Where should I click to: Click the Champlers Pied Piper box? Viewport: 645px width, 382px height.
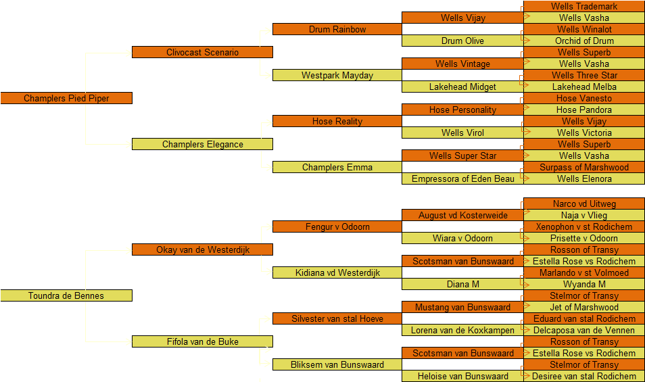pyautogui.click(x=66, y=98)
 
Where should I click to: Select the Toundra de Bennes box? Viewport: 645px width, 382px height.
pyautogui.click(x=66, y=295)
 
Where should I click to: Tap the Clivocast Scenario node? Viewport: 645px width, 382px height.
pyautogui.click(x=202, y=52)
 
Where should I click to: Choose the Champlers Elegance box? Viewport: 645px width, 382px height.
pyautogui.click(x=202, y=144)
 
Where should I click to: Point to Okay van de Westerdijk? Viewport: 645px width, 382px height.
pyautogui.click(x=202, y=249)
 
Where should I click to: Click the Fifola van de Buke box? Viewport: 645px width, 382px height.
pyautogui.click(x=202, y=341)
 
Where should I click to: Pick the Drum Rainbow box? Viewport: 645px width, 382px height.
pyautogui.click(x=337, y=29)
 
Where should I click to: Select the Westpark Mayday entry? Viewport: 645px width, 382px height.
pyautogui.click(x=337, y=75)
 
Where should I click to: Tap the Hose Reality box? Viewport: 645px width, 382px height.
pyautogui.click(x=337, y=121)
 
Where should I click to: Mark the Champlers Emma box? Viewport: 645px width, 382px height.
pyautogui.click(x=337, y=167)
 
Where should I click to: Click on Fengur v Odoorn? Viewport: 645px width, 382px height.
pyautogui.click(x=337, y=226)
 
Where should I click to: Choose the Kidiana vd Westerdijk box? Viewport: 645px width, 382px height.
pyautogui.click(x=337, y=272)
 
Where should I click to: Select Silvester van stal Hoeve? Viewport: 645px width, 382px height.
pyautogui.click(x=337, y=318)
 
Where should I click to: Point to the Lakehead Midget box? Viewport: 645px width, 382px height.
pyautogui.click(x=462, y=87)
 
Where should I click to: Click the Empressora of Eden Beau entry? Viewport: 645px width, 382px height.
pyautogui.click(x=462, y=178)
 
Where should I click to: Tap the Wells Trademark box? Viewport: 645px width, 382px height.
pyautogui.click(x=584, y=6)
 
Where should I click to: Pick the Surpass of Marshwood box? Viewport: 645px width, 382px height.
pyautogui.click(x=584, y=167)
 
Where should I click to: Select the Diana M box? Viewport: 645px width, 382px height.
pyautogui.click(x=462, y=284)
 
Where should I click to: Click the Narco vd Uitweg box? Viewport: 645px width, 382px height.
pyautogui.click(x=584, y=204)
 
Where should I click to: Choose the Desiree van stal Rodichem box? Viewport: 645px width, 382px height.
pyautogui.click(x=584, y=376)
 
